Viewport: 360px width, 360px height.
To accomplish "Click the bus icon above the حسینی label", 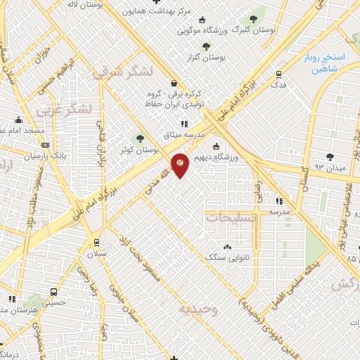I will coord(53,291).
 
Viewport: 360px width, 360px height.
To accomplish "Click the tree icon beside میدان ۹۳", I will coord(330,156).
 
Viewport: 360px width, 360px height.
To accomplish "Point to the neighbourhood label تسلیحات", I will coord(231,218).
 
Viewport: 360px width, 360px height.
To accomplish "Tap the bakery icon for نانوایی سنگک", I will coord(226,247).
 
